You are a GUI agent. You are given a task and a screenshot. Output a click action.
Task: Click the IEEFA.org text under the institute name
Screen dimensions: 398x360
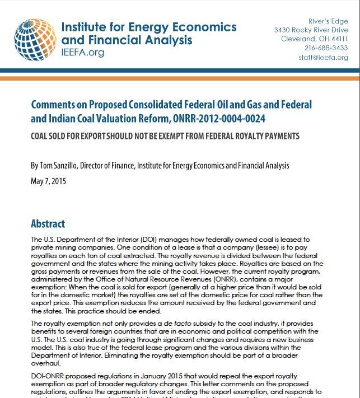[x=83, y=53]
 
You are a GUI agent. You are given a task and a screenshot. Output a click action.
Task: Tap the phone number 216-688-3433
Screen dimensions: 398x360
[x=326, y=48]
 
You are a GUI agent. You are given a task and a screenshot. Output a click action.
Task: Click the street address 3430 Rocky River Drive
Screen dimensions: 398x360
[x=311, y=30]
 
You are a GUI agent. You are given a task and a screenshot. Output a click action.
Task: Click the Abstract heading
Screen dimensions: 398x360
[x=48, y=224]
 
